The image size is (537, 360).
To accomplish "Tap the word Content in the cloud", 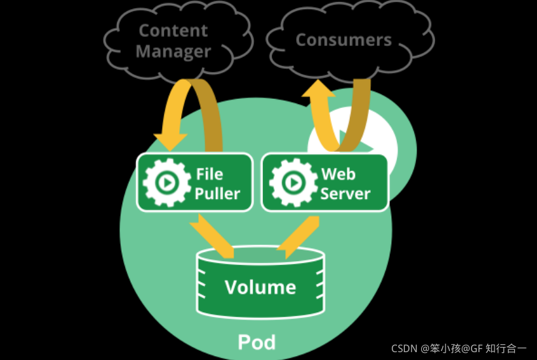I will (x=173, y=30).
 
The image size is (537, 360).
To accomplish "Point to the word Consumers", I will (x=343, y=39).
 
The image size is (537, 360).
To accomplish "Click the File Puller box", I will (x=194, y=183).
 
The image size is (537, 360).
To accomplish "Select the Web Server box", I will (x=324, y=183).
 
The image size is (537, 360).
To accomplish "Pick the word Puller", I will (x=217, y=193).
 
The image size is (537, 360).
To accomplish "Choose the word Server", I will (x=345, y=194).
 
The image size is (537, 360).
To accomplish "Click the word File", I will (x=209, y=174).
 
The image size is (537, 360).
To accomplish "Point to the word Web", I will (x=338, y=174).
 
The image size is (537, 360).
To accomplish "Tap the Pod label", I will (x=256, y=342).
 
